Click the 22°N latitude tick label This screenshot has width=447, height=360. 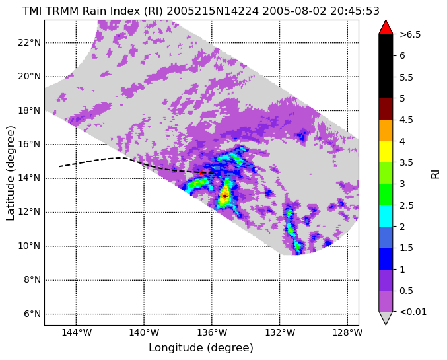(x=29, y=43)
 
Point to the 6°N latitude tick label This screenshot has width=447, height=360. (x=32, y=314)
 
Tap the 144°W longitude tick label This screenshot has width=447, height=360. (x=77, y=333)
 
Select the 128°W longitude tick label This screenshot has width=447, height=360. (x=347, y=333)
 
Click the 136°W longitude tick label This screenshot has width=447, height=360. (x=212, y=333)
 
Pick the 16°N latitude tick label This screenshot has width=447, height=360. (x=29, y=145)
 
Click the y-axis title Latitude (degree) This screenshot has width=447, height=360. (x=11, y=173)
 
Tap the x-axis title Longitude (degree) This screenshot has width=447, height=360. (x=201, y=348)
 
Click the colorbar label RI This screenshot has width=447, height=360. (x=436, y=173)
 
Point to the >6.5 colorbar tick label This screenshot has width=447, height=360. (x=410, y=34)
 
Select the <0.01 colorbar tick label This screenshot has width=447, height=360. (x=413, y=312)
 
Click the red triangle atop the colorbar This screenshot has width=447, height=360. (x=386, y=27)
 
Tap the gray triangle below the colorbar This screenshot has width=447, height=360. (x=386, y=318)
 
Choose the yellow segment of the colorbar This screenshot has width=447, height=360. (x=386, y=152)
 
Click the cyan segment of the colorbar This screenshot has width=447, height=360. (x=386, y=216)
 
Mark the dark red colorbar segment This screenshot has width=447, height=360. (x=386, y=109)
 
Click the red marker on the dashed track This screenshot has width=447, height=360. (x=201, y=172)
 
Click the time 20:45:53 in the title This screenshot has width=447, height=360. (x=355, y=11)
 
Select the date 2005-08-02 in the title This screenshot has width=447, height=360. (x=294, y=11)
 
